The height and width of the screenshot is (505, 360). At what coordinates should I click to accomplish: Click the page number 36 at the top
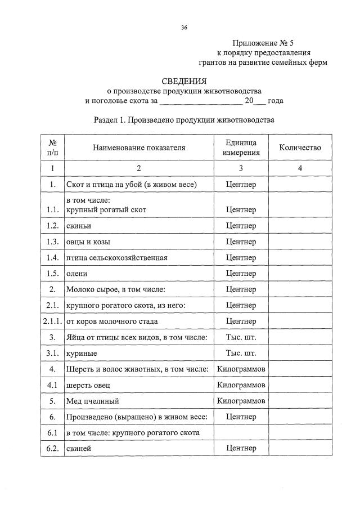[184, 28]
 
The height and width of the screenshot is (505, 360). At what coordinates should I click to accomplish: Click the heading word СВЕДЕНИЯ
[184, 81]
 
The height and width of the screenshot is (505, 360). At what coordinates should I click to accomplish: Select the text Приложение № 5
[263, 43]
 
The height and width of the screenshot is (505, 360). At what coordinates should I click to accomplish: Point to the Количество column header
[300, 148]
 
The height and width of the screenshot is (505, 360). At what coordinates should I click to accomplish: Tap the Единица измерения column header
[241, 148]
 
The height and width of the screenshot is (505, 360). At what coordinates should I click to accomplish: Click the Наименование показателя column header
[139, 148]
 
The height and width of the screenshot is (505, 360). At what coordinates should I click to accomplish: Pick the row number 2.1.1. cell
[52, 321]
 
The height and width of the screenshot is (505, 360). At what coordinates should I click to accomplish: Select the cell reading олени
[76, 274]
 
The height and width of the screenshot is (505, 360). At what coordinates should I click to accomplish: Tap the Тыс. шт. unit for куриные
[241, 353]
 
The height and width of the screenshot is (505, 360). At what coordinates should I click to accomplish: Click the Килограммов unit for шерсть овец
[241, 385]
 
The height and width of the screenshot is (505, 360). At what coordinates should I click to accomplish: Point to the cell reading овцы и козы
[88, 242]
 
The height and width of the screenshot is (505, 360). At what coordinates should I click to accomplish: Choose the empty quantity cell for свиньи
[300, 226]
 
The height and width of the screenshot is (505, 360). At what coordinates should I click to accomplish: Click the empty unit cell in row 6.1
[241, 432]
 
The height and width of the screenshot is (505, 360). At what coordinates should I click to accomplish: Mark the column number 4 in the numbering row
[300, 168]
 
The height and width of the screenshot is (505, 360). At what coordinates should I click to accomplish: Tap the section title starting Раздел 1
[184, 120]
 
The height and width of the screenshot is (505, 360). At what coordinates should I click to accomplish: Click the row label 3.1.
[52, 353]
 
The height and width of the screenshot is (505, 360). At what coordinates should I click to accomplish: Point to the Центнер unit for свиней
[241, 448]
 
